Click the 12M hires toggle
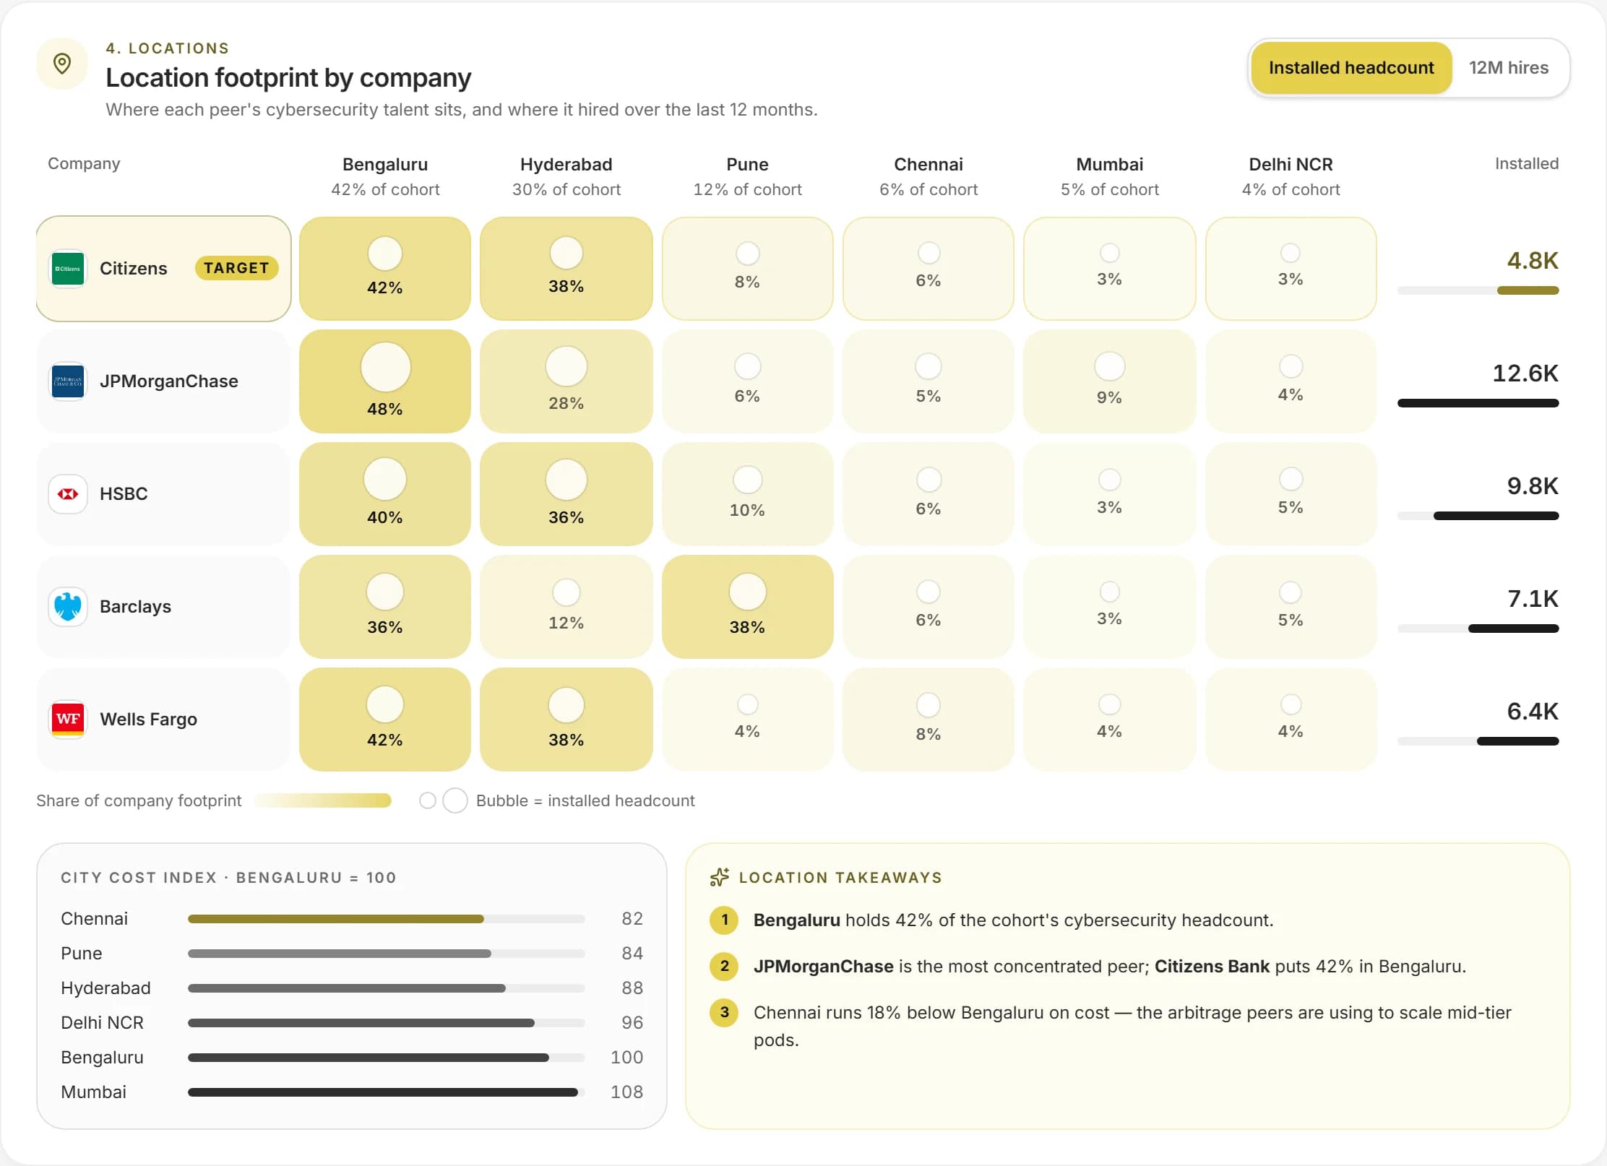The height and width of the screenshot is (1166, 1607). [x=1509, y=68]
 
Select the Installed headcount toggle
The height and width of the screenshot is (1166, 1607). [x=1351, y=68]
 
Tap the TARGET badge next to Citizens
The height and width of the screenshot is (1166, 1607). [x=236, y=268]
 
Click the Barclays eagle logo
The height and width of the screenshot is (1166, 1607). [x=68, y=606]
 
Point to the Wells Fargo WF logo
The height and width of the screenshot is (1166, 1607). [x=68, y=719]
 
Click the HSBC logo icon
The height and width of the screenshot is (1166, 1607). [x=68, y=493]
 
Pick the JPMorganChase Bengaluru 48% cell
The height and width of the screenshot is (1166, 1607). [x=385, y=381]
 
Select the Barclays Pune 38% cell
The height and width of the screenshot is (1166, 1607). [x=747, y=607]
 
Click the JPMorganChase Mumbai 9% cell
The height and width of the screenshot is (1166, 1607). [x=1110, y=381]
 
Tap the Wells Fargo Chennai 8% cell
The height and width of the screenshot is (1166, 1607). [x=929, y=720]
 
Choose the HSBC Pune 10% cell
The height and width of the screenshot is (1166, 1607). [x=747, y=494]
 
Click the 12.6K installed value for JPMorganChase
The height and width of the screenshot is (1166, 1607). [x=1525, y=373]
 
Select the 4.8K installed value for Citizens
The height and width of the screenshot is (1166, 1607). [x=1533, y=261]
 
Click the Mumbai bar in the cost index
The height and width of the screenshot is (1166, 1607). [x=382, y=1092]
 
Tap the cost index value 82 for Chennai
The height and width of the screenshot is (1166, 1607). [x=632, y=918]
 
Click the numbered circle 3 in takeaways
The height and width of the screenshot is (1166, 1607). [x=724, y=1012]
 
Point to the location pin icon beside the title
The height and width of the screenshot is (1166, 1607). [x=62, y=64]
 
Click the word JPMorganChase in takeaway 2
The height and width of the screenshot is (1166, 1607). [x=823, y=967]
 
